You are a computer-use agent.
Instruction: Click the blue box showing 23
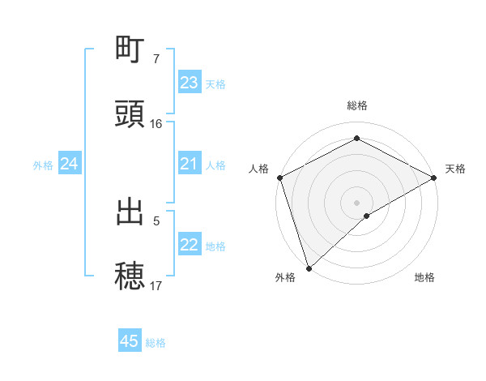(x=190, y=83)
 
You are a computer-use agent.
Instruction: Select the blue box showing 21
(x=190, y=165)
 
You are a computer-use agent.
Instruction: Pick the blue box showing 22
(x=190, y=246)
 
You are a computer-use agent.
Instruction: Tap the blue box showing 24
(x=70, y=165)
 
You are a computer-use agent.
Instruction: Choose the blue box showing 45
(x=130, y=341)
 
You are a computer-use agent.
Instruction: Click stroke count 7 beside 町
(x=156, y=59)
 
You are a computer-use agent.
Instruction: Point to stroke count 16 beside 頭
(x=156, y=124)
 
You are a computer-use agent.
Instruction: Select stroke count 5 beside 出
(x=156, y=220)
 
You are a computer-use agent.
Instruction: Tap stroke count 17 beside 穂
(x=156, y=285)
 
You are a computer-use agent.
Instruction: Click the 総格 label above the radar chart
(x=357, y=106)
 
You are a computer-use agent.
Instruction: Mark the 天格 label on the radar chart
(x=455, y=169)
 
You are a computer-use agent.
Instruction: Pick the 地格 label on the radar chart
(x=424, y=278)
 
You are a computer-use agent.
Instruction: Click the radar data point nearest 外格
(x=309, y=268)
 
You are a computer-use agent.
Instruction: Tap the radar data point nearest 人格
(x=279, y=178)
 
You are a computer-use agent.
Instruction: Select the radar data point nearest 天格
(x=434, y=178)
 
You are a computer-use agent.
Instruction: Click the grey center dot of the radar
(x=357, y=202)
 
